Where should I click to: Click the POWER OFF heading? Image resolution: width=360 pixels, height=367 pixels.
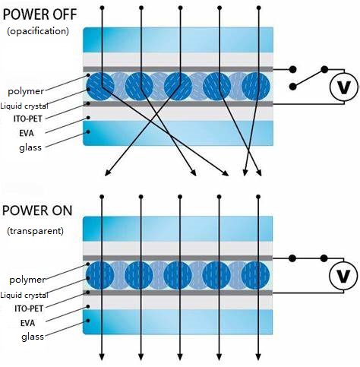point(39,14)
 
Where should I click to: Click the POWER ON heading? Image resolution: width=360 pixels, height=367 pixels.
point(37,210)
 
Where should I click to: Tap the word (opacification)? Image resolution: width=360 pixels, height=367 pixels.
point(38,31)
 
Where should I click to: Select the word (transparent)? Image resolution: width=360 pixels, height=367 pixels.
point(35,231)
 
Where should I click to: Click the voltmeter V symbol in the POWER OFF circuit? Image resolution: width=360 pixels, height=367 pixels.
point(344,87)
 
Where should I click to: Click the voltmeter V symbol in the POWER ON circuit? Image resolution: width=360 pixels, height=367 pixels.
point(343,276)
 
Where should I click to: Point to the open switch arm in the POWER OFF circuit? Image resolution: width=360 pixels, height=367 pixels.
point(308,78)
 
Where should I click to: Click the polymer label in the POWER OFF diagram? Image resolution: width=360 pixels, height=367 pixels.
point(26,91)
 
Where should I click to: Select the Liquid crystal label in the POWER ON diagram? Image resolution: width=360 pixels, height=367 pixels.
point(24,295)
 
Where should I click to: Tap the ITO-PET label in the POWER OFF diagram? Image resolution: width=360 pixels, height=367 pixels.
point(28,119)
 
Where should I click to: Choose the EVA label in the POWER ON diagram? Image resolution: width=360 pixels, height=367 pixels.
point(27,323)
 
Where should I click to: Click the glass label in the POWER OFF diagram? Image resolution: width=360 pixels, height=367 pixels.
point(30,147)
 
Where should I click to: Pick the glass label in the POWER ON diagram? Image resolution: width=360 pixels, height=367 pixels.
point(33,337)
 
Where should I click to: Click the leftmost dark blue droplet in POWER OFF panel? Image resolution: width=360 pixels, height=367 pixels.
point(100,86)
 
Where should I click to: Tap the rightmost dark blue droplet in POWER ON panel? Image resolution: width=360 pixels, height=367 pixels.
point(255,275)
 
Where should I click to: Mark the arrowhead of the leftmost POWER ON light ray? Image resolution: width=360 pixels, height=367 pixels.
point(102,357)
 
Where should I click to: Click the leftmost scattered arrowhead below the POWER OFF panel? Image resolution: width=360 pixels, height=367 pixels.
point(107,172)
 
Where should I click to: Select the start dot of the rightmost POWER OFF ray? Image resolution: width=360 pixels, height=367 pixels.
point(258,8)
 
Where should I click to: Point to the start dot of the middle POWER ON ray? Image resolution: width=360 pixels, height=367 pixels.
point(180,197)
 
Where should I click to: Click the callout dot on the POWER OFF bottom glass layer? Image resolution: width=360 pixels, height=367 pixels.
point(88,131)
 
